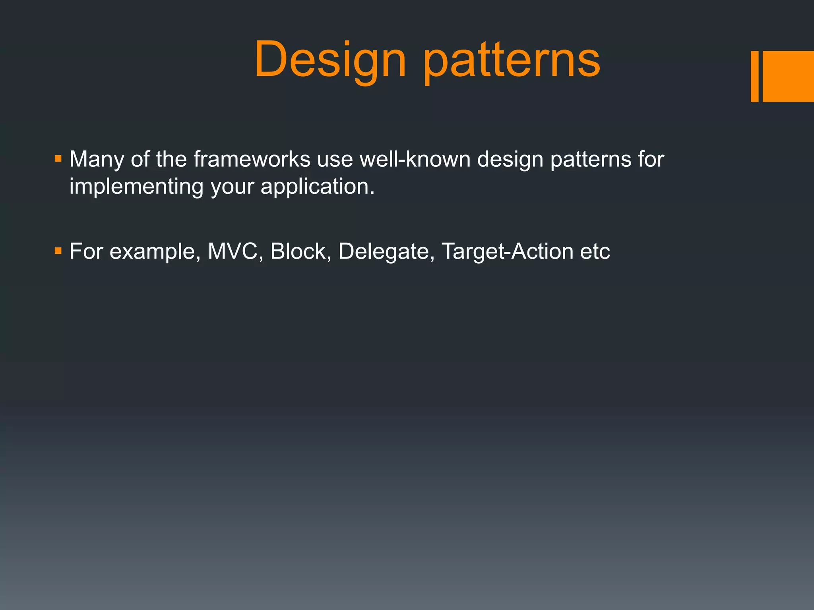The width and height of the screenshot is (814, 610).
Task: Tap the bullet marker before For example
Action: coord(58,251)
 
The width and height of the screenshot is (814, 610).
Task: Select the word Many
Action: coord(97,160)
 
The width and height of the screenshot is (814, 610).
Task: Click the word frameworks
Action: coord(252,159)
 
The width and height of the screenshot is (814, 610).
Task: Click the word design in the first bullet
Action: coord(510,160)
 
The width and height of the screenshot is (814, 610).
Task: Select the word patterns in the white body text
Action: coord(591,160)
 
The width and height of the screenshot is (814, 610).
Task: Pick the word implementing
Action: coord(136,187)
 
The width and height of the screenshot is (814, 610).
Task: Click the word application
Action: coord(317,187)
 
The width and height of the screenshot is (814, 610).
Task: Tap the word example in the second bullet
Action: coord(155,251)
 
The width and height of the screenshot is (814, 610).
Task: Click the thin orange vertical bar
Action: coord(754,76)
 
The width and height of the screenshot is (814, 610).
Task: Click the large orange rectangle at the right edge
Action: coord(788,76)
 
